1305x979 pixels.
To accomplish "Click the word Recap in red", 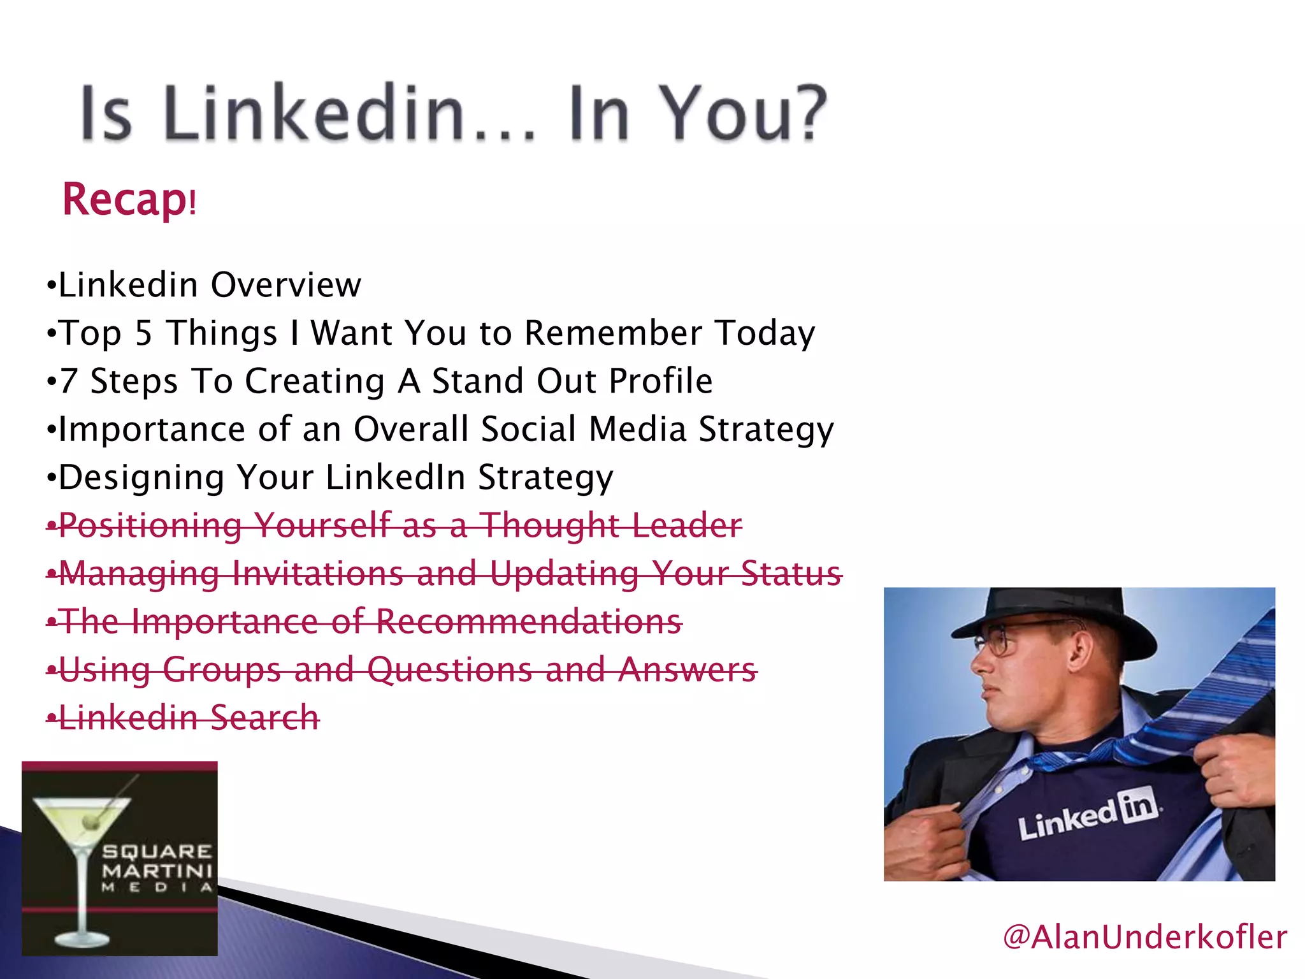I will [x=124, y=199].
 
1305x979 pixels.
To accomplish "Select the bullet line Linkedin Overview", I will [x=204, y=284].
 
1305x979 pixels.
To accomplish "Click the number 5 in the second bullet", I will [x=143, y=333].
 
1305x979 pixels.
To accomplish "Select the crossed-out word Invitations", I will [x=319, y=573].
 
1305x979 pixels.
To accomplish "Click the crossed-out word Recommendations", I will [x=529, y=621].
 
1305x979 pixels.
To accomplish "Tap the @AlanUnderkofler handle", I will [x=1144, y=937].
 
